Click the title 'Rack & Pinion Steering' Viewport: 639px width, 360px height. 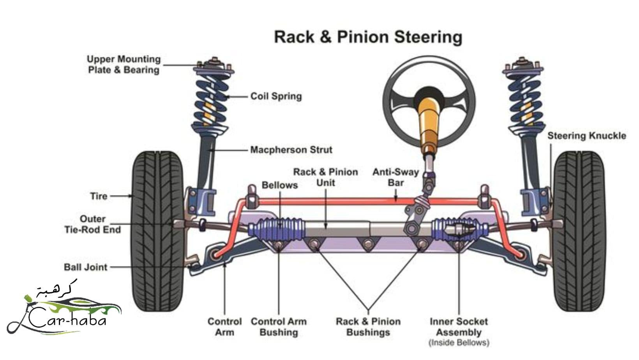click(x=368, y=37)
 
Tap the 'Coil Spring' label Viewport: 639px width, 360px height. click(x=276, y=96)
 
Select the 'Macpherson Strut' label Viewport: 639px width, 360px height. click(x=291, y=150)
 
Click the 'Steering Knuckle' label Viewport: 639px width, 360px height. click(x=586, y=136)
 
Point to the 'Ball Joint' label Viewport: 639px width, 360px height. click(x=85, y=267)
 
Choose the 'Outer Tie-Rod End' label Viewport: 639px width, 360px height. click(x=92, y=224)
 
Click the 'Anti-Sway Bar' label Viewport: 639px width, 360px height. click(x=395, y=177)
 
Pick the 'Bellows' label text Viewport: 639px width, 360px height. click(x=279, y=185)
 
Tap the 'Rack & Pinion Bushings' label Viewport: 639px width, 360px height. click(x=368, y=327)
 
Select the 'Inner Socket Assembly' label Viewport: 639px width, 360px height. click(x=459, y=327)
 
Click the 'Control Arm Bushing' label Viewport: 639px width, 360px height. click(x=279, y=327)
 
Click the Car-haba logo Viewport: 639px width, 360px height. click(x=64, y=310)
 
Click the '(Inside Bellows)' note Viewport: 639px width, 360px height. click(x=459, y=343)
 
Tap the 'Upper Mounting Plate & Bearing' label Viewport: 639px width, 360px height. click(x=124, y=65)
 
